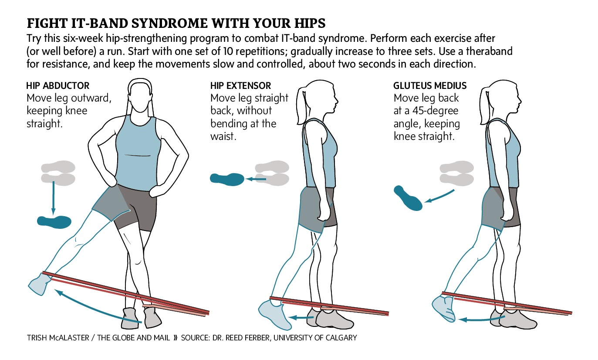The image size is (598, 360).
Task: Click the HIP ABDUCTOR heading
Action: click(58, 86)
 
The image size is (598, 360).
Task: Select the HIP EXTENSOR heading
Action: click(240, 86)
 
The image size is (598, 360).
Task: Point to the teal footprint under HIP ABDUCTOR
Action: click(54, 221)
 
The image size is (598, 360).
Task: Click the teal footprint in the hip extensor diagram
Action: click(226, 178)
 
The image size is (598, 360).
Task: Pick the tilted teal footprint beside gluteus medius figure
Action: click(408, 197)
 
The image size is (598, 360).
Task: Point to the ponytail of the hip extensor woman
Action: click(301, 101)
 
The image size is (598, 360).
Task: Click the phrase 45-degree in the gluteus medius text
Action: click(428, 111)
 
